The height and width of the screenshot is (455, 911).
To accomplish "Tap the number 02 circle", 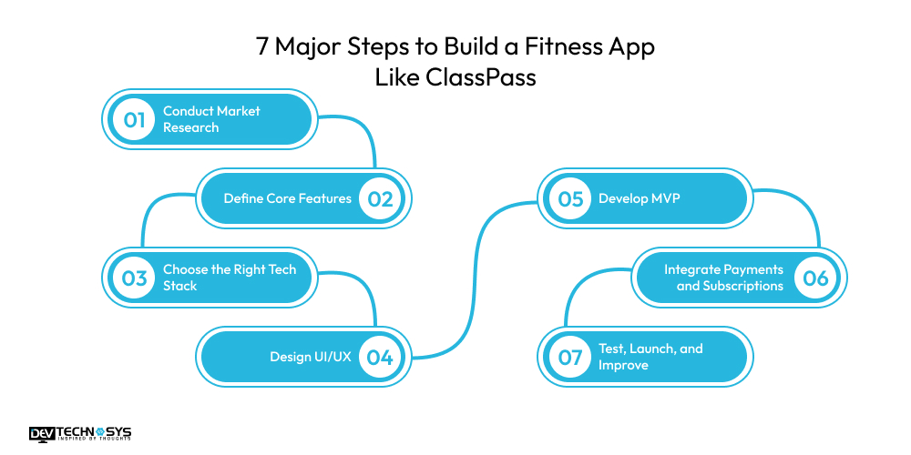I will (x=381, y=199).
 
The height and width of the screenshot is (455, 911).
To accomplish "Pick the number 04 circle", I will (x=381, y=357).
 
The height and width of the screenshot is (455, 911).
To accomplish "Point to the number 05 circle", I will (x=570, y=199).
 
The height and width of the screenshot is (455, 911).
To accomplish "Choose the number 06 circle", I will (x=815, y=278).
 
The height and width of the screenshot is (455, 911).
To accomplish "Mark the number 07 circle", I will (x=570, y=357).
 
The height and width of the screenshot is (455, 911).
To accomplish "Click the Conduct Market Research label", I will (x=211, y=119).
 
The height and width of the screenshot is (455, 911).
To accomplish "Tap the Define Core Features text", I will (x=287, y=198).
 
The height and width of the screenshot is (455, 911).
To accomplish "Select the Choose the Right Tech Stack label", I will (x=230, y=278).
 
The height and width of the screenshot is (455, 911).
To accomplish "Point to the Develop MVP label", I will (x=639, y=198).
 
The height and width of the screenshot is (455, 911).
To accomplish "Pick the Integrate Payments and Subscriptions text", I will (x=723, y=278).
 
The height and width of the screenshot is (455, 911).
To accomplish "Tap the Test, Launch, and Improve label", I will (x=650, y=357).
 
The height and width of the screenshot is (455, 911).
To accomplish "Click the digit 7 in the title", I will (x=263, y=47).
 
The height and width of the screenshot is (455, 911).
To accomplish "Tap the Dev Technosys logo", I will (x=79, y=434).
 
